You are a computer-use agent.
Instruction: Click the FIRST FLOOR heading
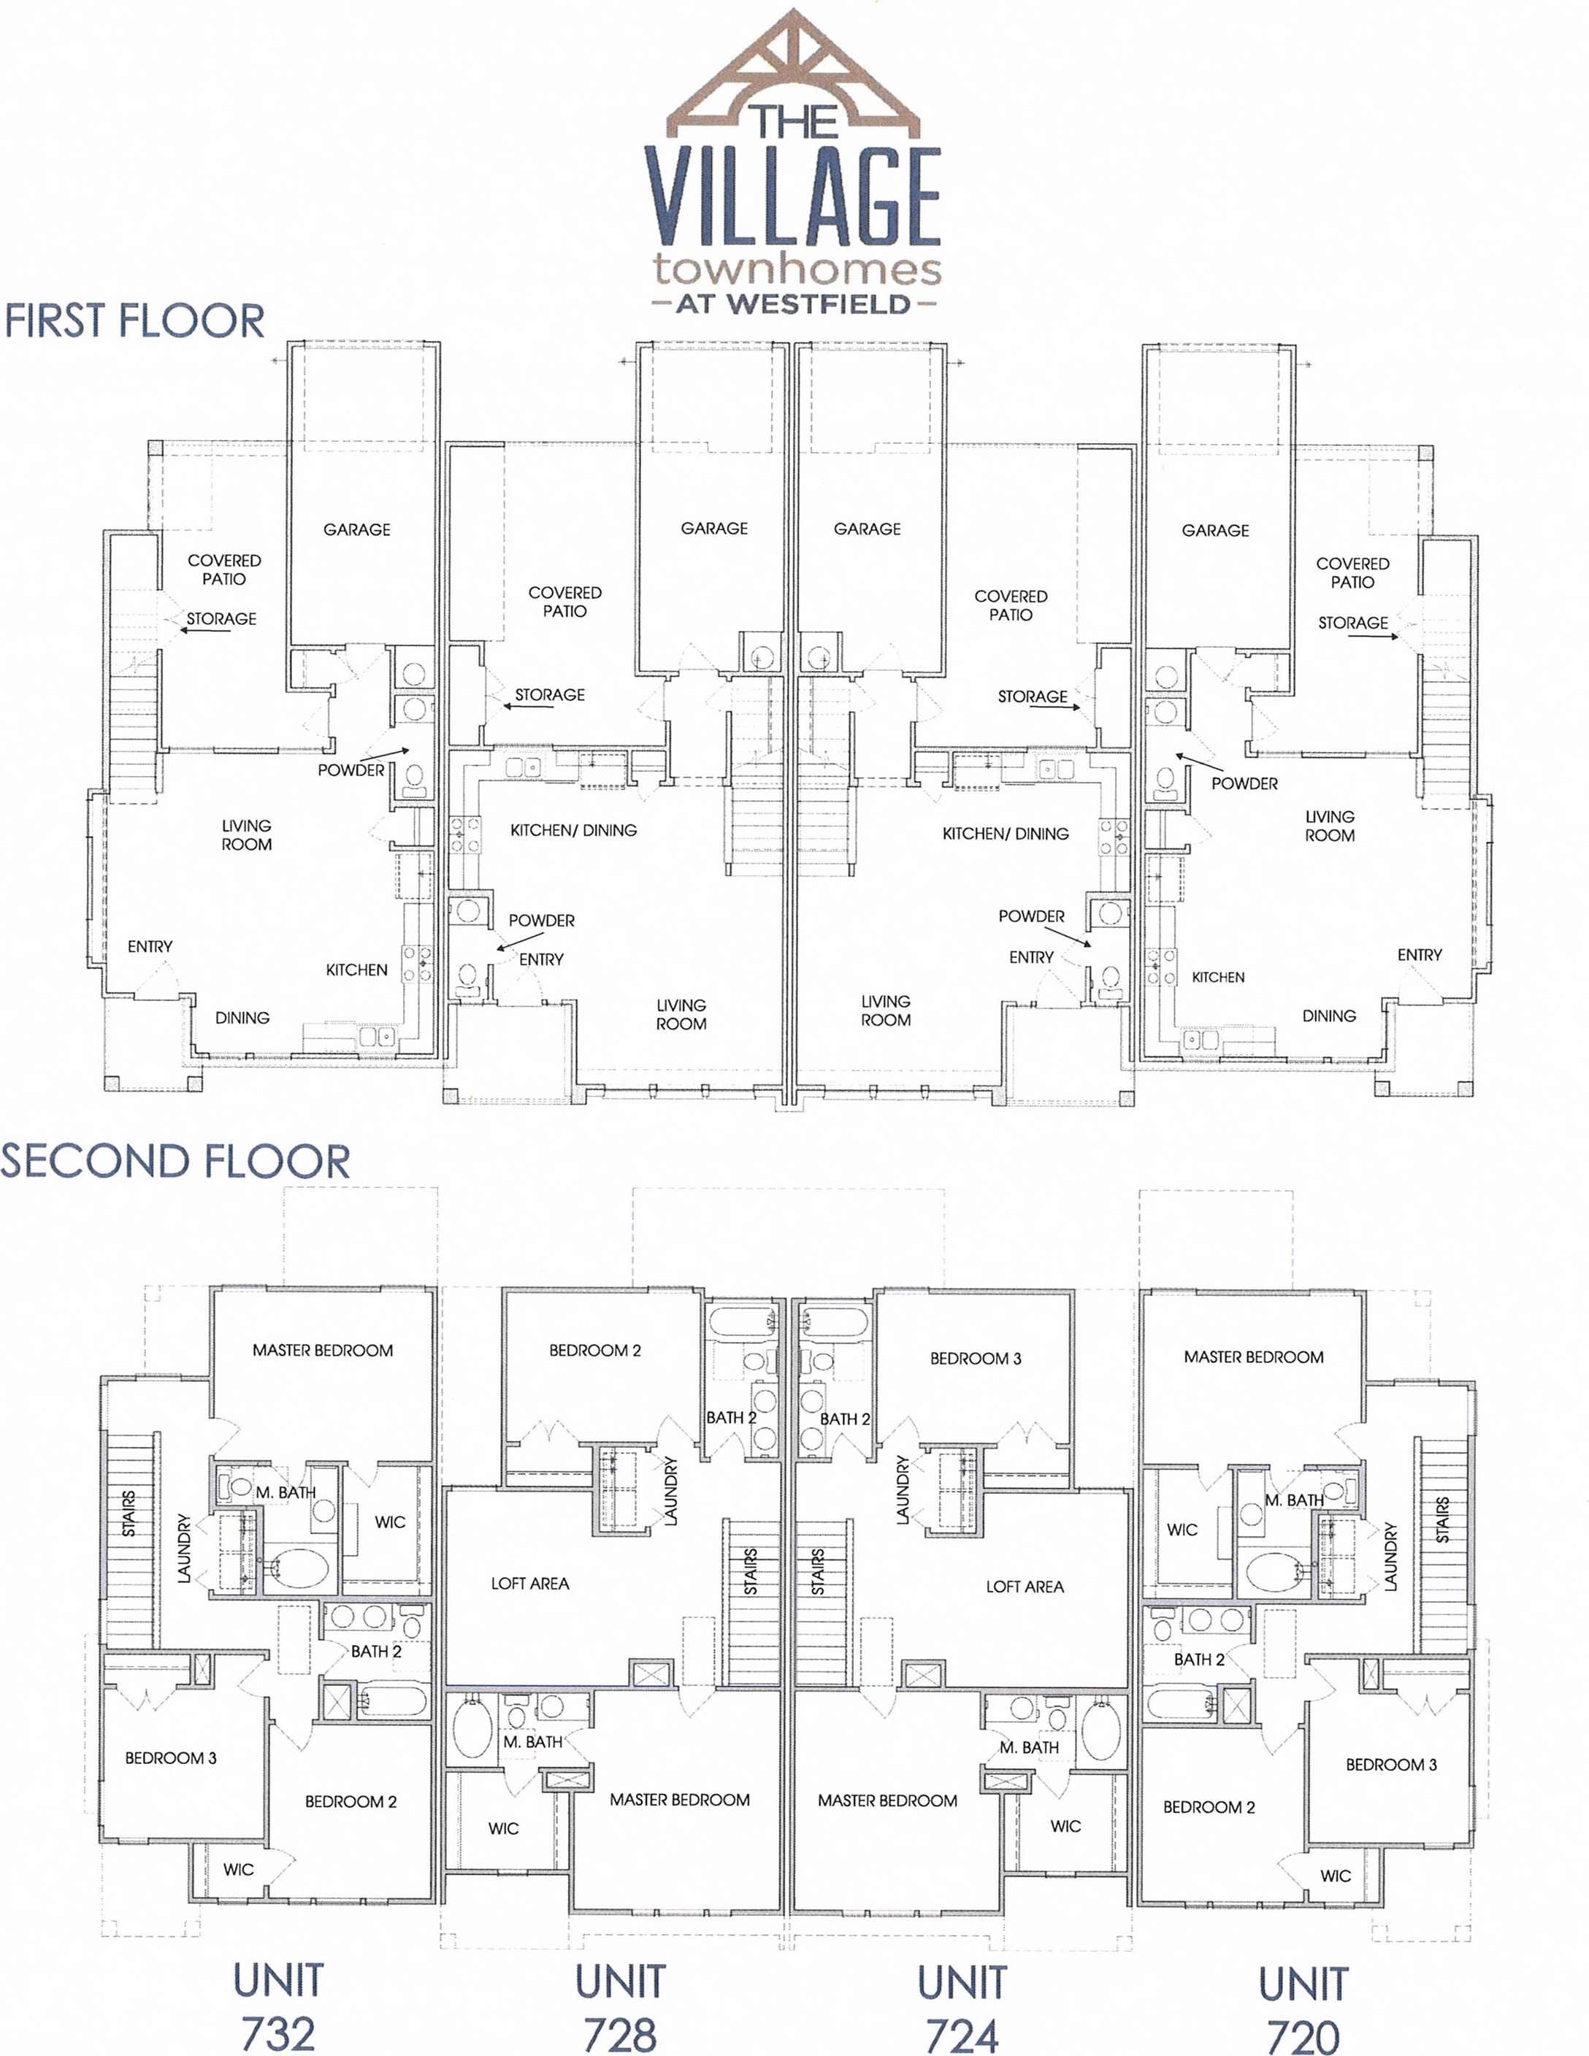click(x=134, y=321)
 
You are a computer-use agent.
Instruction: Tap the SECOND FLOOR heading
click(x=175, y=1162)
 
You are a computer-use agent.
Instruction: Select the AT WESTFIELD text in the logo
click(x=794, y=304)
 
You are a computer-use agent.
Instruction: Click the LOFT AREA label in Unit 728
click(x=530, y=1584)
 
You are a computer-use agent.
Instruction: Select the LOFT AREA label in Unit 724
click(x=1025, y=1587)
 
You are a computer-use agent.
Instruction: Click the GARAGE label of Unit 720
click(x=1215, y=530)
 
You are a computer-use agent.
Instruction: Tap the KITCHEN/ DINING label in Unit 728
click(x=573, y=830)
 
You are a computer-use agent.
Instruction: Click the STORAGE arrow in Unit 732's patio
click(x=204, y=631)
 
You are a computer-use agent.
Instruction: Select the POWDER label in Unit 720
click(x=1244, y=783)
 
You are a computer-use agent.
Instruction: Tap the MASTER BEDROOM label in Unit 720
click(x=1253, y=1357)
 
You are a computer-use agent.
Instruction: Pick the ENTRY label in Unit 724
click(x=1031, y=957)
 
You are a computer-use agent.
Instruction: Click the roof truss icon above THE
click(x=794, y=71)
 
